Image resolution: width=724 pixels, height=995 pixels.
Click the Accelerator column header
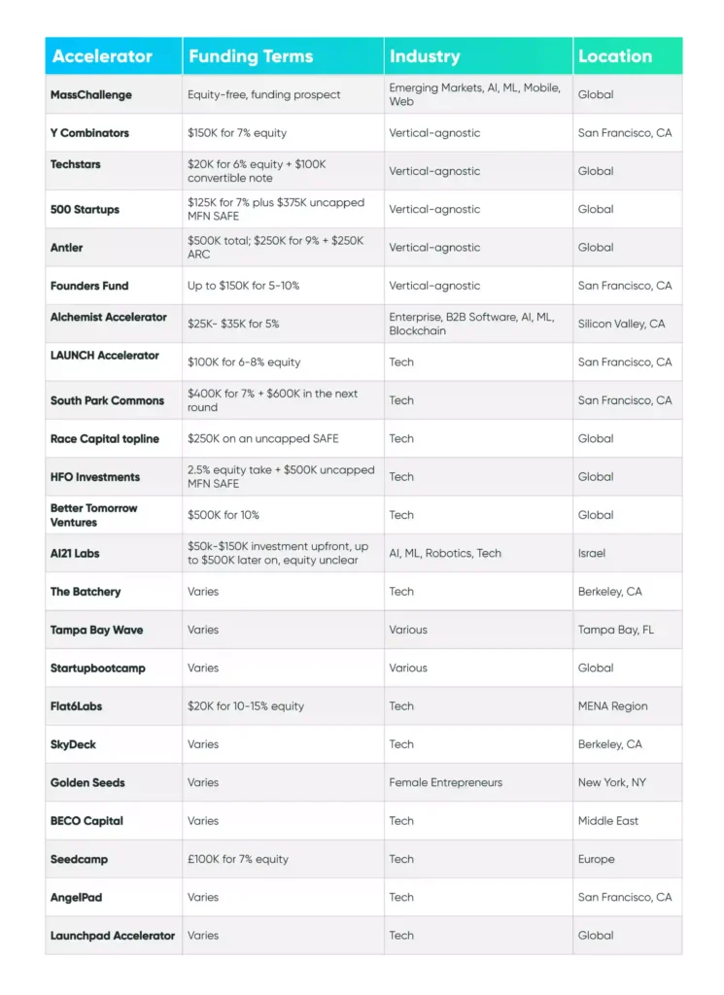[102, 56]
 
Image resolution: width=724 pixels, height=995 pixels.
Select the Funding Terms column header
[250, 56]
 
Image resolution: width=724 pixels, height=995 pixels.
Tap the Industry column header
[425, 56]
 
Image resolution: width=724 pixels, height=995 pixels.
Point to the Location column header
[615, 56]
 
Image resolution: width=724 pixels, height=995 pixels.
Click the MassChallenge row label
[91, 95]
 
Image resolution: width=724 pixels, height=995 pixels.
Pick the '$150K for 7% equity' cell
[237, 133]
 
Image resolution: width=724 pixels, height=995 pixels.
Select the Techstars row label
[76, 164]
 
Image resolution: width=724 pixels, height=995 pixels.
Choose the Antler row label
[67, 248]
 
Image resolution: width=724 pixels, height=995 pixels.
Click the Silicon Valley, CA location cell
[622, 324]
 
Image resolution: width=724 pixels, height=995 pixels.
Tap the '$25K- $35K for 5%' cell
[233, 324]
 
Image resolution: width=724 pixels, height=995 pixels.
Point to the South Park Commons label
[107, 400]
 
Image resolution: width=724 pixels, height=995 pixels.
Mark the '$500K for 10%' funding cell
[224, 515]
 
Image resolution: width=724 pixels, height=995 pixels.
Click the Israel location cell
[592, 553]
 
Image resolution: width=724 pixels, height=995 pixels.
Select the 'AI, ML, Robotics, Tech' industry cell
[445, 553]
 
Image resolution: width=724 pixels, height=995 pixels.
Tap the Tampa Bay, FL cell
[616, 630]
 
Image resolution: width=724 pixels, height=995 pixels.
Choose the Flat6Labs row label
[76, 706]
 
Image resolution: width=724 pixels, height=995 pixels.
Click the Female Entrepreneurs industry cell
[446, 782]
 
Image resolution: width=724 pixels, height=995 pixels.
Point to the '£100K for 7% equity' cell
[238, 859]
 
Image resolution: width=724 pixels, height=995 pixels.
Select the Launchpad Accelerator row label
[113, 936]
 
